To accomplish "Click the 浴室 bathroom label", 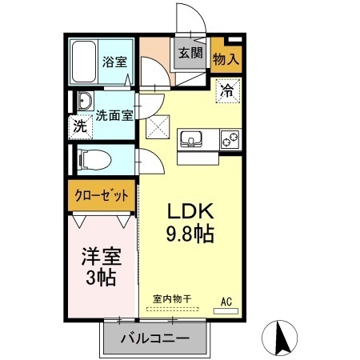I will tap(114, 60).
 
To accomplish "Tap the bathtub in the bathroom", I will tap(84, 62).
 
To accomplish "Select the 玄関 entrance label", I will tap(190, 54).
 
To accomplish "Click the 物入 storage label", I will tap(226, 58).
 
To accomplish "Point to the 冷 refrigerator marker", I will tap(226, 91).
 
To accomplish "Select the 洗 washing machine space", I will tap(80, 126).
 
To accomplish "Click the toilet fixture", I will tap(90, 158).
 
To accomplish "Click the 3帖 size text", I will tap(101, 278).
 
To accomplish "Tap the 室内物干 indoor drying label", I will tap(172, 299).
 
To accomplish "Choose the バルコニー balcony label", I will tap(155, 338).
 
